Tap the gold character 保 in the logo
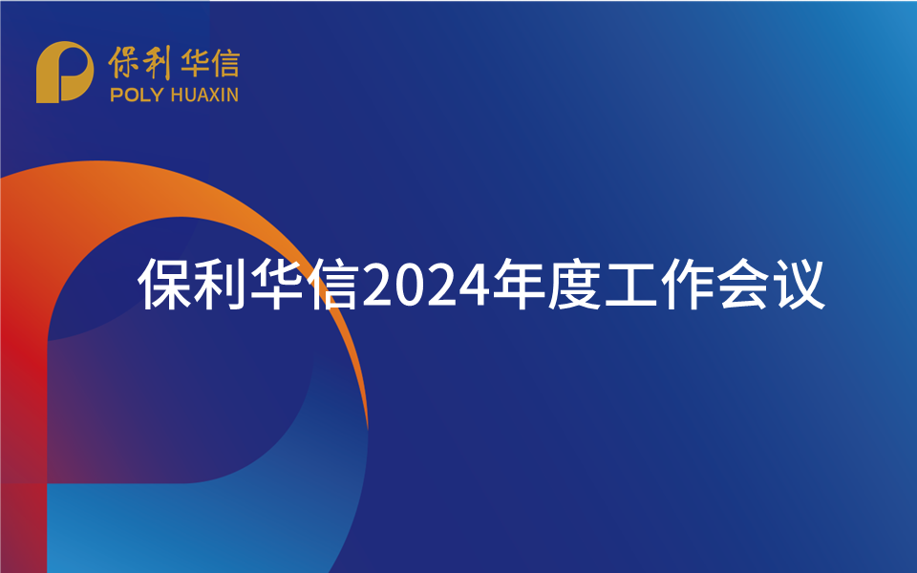pyautogui.click(x=125, y=62)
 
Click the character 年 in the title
pyautogui.click(x=517, y=284)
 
